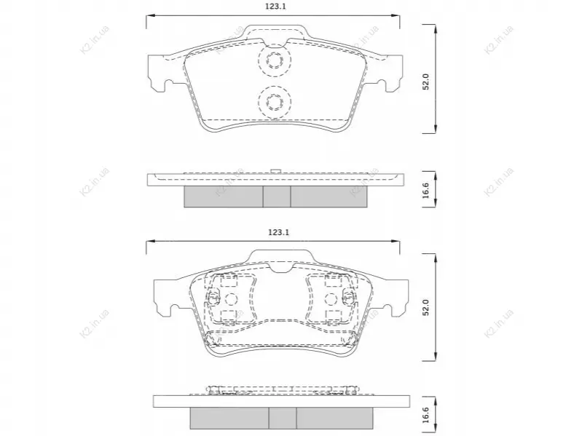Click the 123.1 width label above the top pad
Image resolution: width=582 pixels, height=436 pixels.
275,7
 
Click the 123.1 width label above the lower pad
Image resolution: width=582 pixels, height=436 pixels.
278,232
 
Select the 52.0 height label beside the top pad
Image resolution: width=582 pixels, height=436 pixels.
425,82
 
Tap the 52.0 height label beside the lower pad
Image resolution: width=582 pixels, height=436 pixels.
425,307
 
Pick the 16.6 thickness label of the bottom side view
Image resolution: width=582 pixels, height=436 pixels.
425,414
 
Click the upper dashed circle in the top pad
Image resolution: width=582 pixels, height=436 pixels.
275,60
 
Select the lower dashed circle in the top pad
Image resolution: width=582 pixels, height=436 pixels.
275,102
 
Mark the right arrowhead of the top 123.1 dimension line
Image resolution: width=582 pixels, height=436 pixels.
396,15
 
